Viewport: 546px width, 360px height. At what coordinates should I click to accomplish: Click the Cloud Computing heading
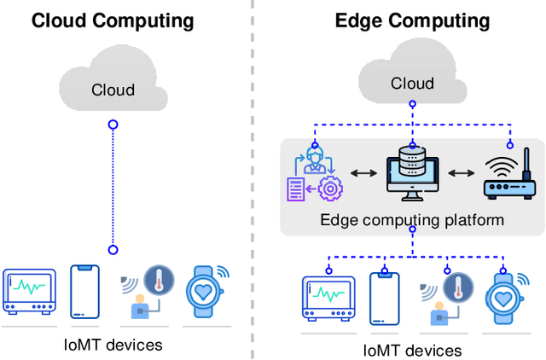click(113, 20)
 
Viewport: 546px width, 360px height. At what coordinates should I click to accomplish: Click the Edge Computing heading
click(412, 20)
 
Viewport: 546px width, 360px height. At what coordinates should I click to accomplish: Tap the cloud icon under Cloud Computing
click(113, 84)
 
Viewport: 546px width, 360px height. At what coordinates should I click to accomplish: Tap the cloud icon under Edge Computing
click(412, 79)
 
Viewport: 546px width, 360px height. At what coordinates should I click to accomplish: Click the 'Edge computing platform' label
click(412, 219)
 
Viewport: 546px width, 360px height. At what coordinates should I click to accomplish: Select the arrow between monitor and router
click(462, 173)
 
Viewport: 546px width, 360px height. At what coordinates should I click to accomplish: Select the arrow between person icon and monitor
click(362, 173)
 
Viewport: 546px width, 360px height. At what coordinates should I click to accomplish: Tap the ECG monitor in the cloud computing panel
click(29, 289)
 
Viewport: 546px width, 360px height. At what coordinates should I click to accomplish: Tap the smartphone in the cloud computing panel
click(83, 290)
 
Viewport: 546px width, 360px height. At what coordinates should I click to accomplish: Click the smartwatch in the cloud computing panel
click(205, 289)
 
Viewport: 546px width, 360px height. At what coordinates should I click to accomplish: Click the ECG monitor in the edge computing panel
click(328, 298)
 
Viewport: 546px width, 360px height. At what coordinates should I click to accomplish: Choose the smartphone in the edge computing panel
click(384, 298)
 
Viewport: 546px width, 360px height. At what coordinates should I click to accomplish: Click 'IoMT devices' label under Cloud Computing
click(113, 345)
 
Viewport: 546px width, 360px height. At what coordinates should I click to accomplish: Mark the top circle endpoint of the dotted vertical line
click(113, 125)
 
